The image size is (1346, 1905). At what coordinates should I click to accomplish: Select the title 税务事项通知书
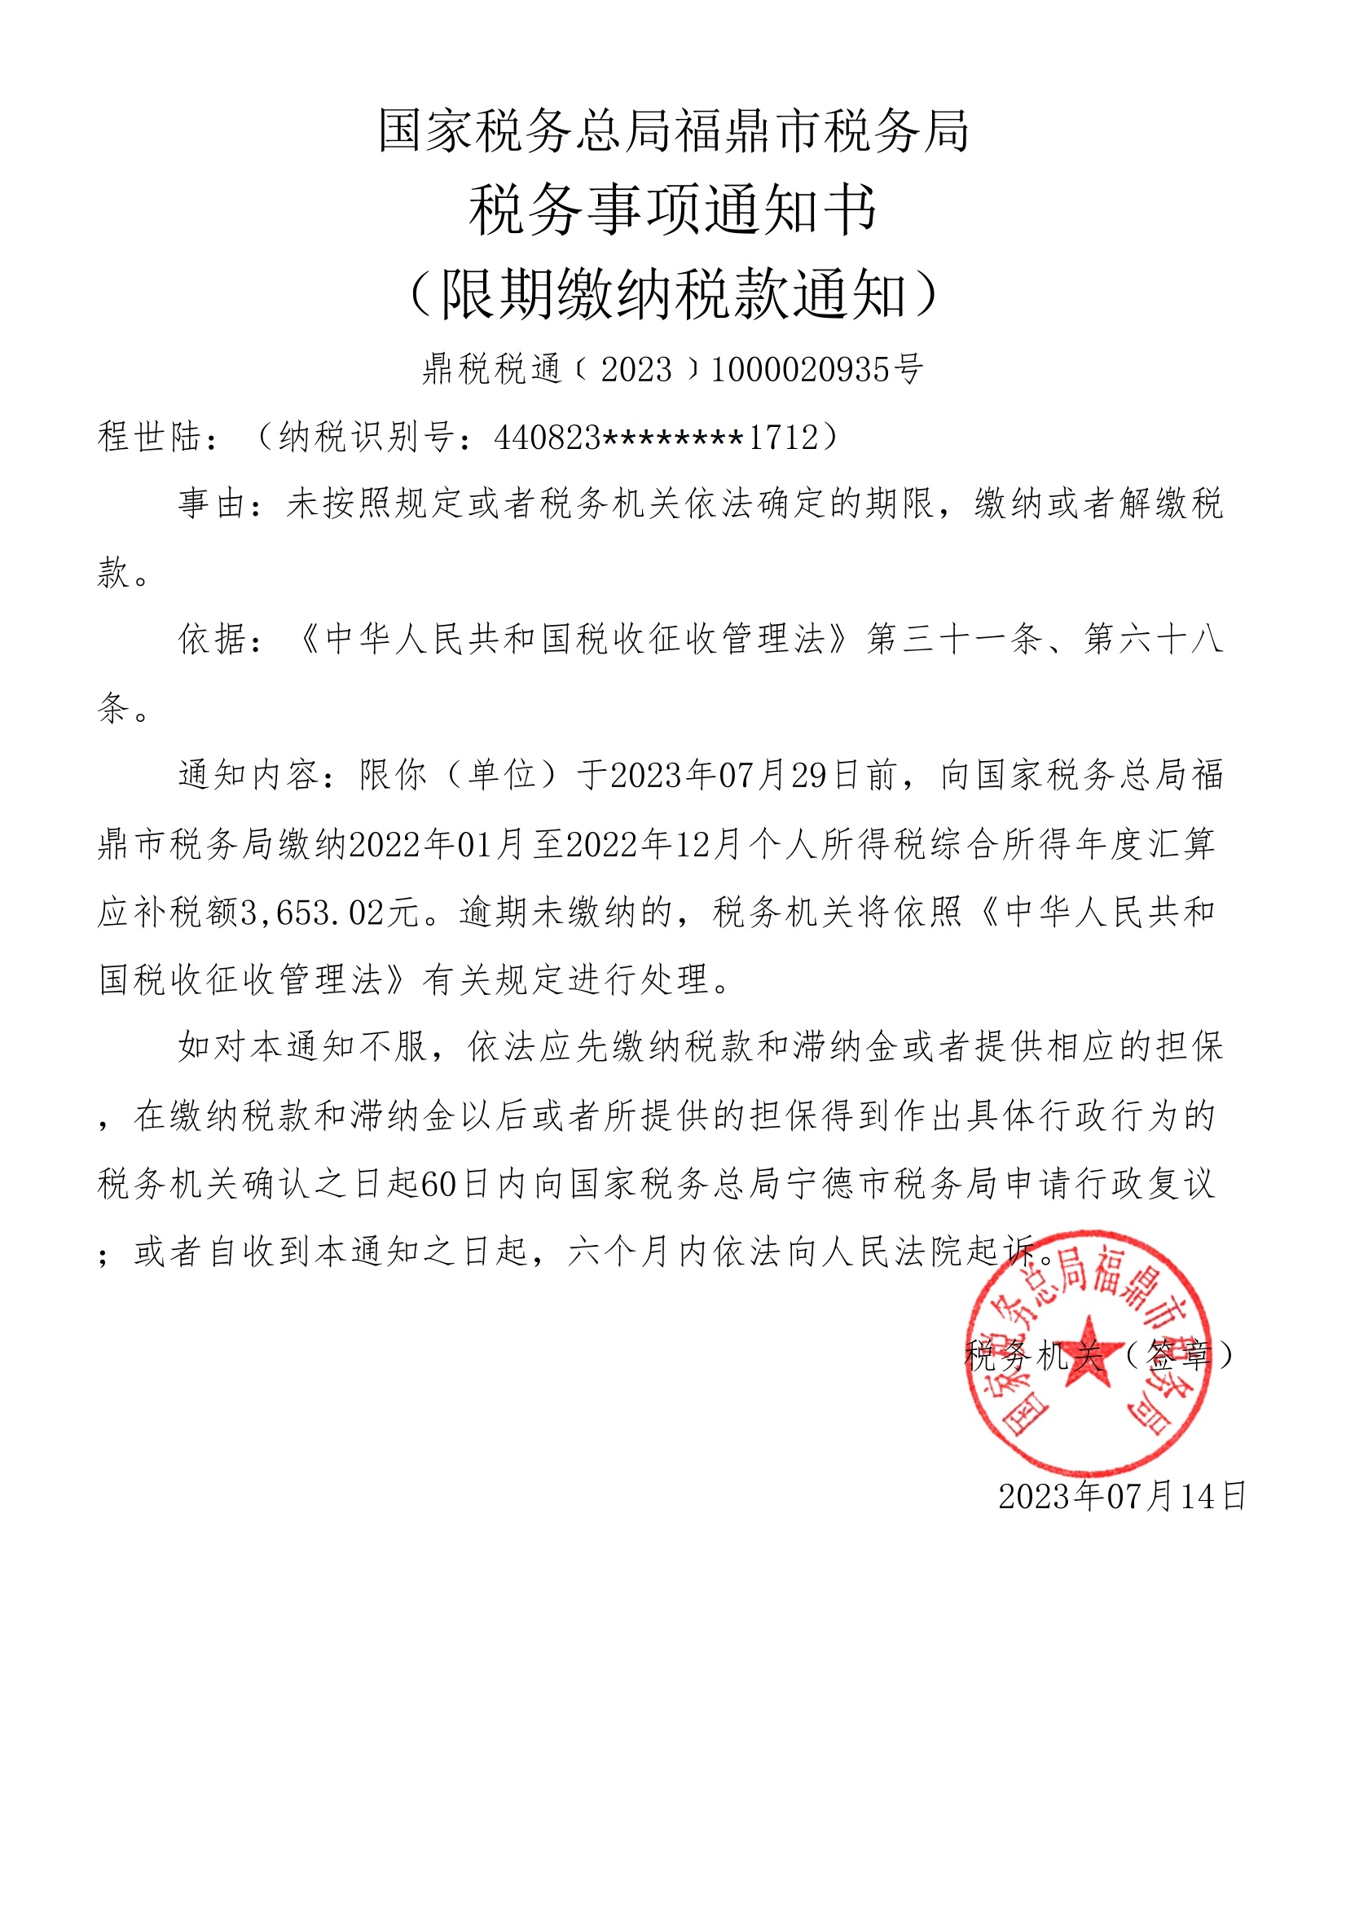pyautogui.click(x=673, y=211)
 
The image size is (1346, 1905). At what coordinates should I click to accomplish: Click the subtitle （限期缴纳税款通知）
pyautogui.click(x=673, y=294)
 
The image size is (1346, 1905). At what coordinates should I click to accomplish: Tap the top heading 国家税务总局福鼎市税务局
pyautogui.click(x=673, y=131)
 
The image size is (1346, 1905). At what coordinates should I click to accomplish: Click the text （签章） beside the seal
pyautogui.click(x=1178, y=1356)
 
